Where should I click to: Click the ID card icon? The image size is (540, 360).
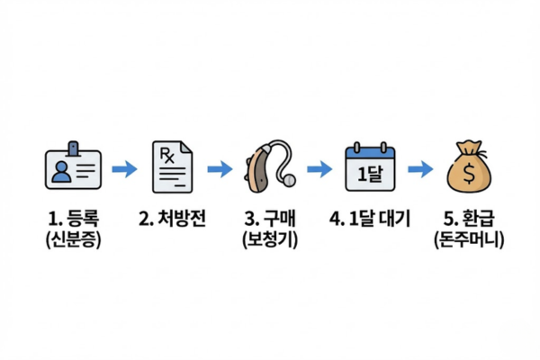(x=74, y=168)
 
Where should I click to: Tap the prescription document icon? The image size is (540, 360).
(x=173, y=167)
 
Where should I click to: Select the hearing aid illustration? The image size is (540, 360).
(x=269, y=166)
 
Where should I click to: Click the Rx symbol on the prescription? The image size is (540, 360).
(x=166, y=156)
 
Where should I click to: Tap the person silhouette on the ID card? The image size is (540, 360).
(x=61, y=170)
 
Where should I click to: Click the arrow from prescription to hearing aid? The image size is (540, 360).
(x=220, y=168)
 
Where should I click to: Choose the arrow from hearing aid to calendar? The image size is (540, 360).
(x=319, y=168)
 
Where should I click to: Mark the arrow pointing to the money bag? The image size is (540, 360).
(x=419, y=168)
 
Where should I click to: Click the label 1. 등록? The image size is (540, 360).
(x=74, y=218)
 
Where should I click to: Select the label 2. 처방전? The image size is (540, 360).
(x=173, y=218)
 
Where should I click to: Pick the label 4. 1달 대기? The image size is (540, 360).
(x=370, y=218)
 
